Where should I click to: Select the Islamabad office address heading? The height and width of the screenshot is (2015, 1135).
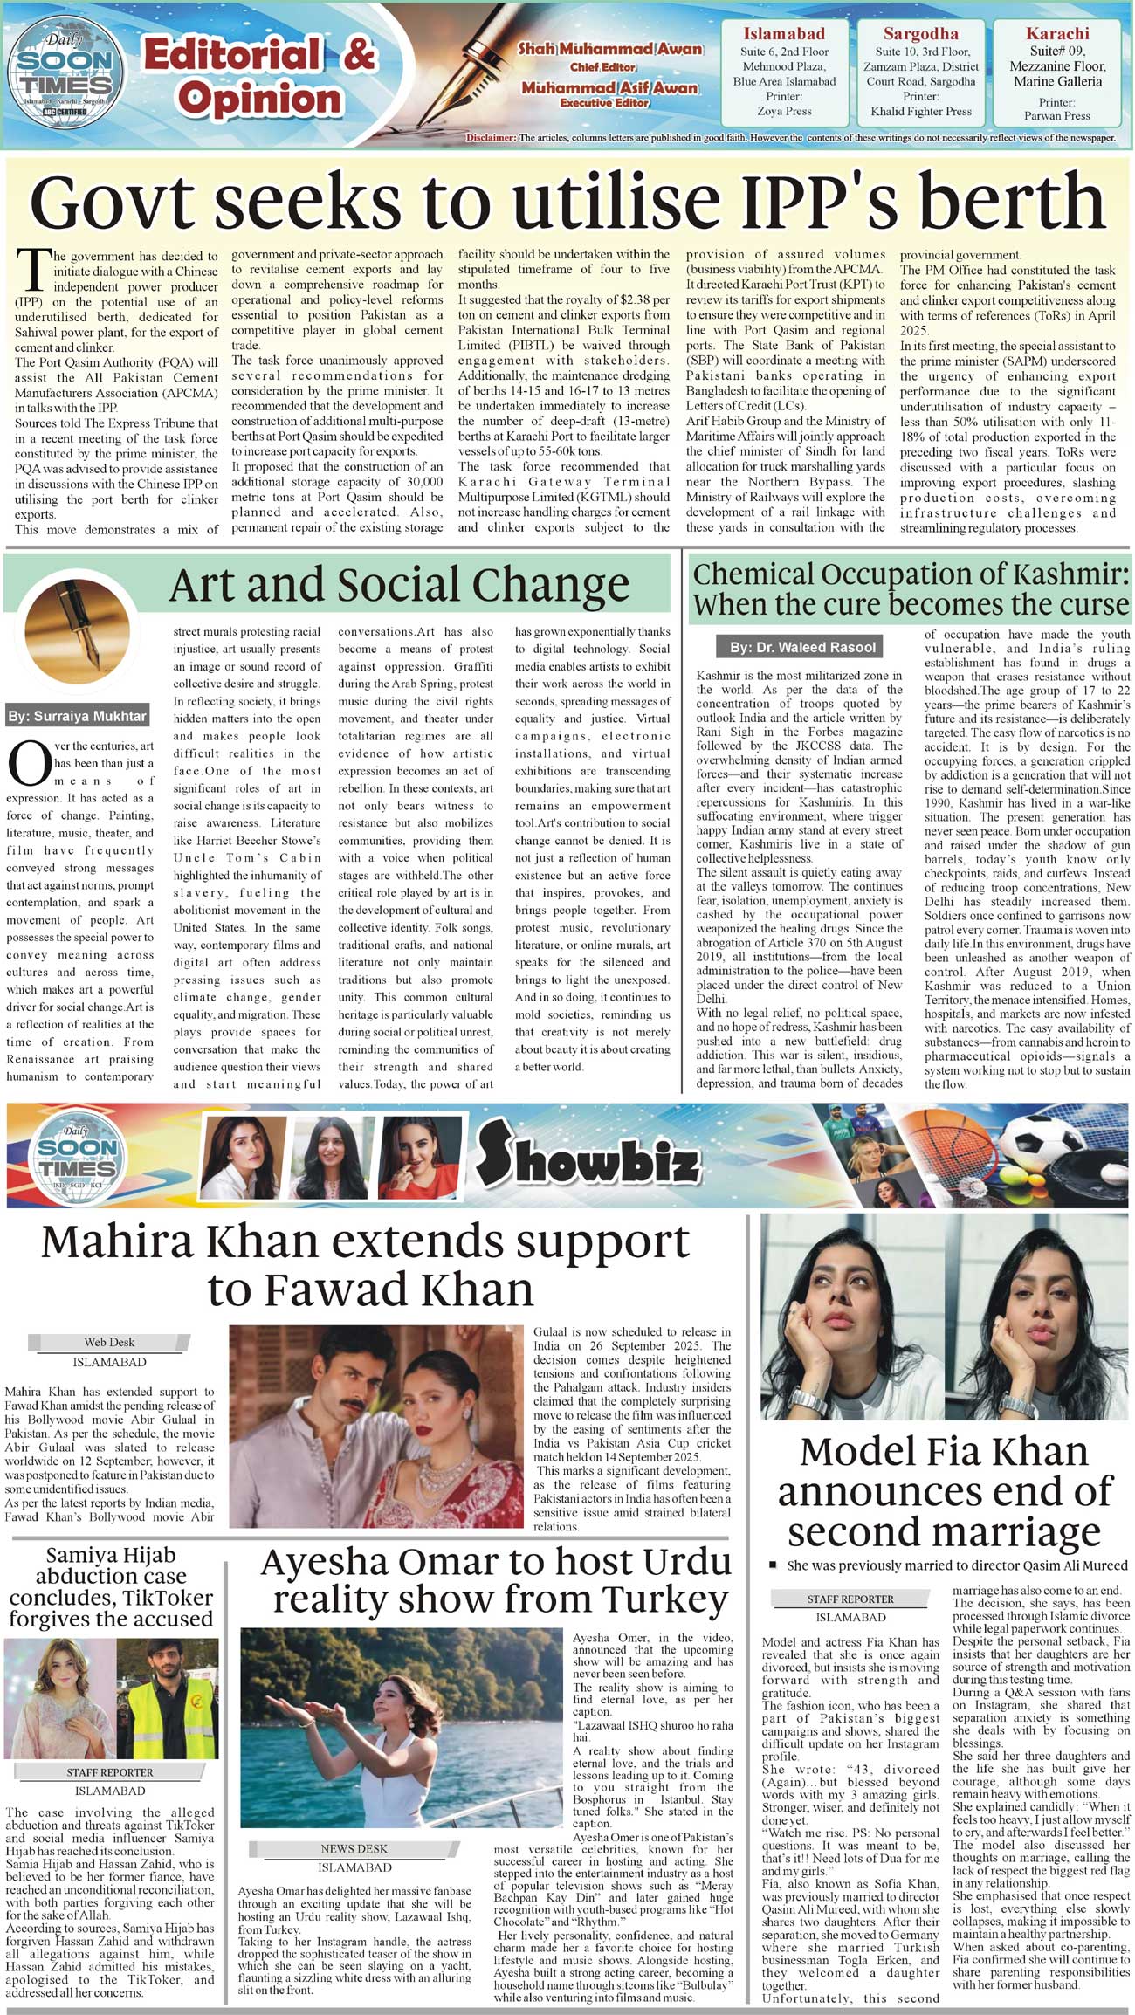(x=784, y=34)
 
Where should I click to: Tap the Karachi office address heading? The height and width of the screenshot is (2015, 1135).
(x=1057, y=34)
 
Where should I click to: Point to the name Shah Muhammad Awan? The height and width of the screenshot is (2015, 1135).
(x=609, y=49)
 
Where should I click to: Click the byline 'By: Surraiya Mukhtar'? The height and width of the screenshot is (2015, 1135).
(x=78, y=716)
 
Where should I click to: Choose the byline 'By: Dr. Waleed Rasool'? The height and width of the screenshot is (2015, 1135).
(x=802, y=647)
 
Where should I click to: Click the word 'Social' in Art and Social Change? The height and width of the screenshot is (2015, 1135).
(x=400, y=586)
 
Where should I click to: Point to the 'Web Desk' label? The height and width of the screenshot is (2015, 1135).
(x=109, y=1342)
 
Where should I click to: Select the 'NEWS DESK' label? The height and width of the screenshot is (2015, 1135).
(x=354, y=1848)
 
